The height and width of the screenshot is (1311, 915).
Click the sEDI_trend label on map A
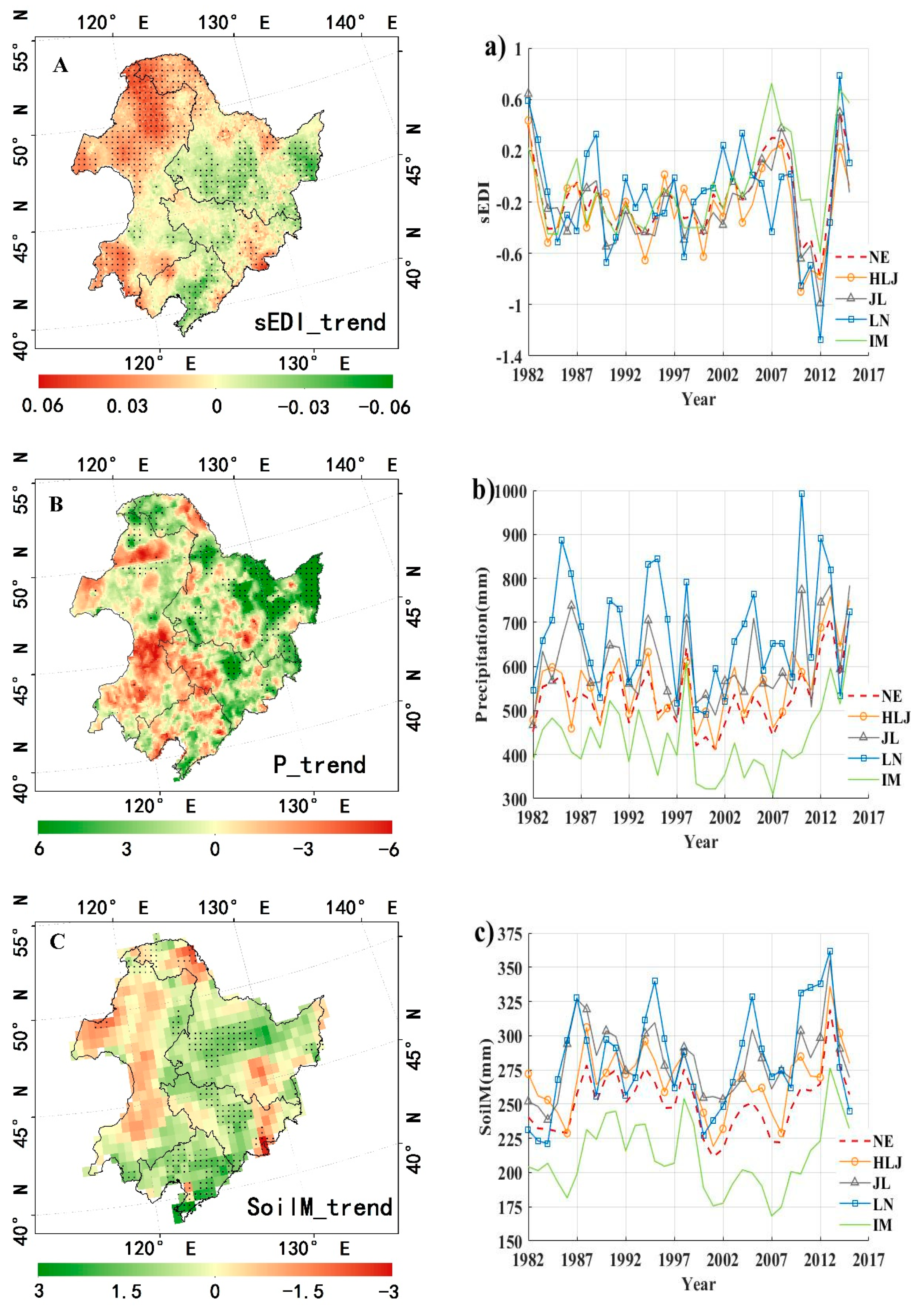coord(320,323)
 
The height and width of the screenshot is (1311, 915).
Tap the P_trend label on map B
coord(320,764)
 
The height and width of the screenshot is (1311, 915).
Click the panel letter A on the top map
coord(60,66)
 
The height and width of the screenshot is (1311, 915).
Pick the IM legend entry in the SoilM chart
coord(882,1225)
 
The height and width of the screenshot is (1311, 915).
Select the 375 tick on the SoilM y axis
coord(510,934)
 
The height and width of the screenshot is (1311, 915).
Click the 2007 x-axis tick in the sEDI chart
coord(771,375)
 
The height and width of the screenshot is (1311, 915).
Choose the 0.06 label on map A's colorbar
coord(43,406)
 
